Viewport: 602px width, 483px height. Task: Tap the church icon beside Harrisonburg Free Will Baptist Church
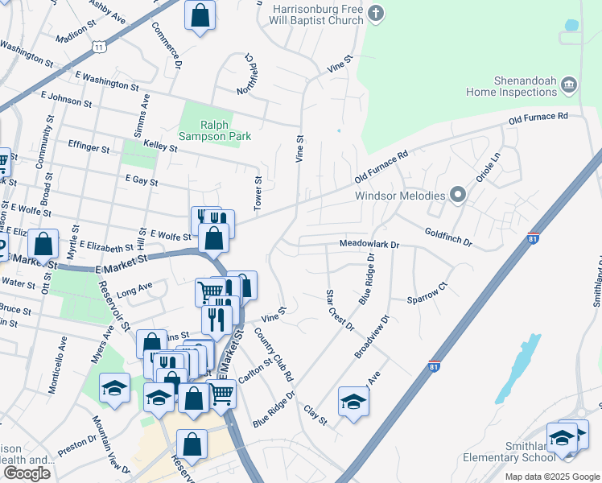point(376,13)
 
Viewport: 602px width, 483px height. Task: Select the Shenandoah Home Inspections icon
point(569,85)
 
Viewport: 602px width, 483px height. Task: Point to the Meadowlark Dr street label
point(369,243)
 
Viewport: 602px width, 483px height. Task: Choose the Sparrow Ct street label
point(427,293)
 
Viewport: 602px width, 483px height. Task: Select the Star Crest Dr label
point(339,310)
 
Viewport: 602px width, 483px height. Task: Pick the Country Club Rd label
point(274,354)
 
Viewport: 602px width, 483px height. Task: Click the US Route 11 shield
point(98,47)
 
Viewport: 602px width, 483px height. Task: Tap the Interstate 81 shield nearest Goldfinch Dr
point(532,238)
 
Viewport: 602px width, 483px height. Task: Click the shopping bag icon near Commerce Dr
point(200,14)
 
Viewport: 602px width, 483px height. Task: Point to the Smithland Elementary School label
point(509,452)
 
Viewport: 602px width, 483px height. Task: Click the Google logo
point(27,473)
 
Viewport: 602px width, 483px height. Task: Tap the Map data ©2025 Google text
point(552,477)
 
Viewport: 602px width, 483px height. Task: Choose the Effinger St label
point(89,149)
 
